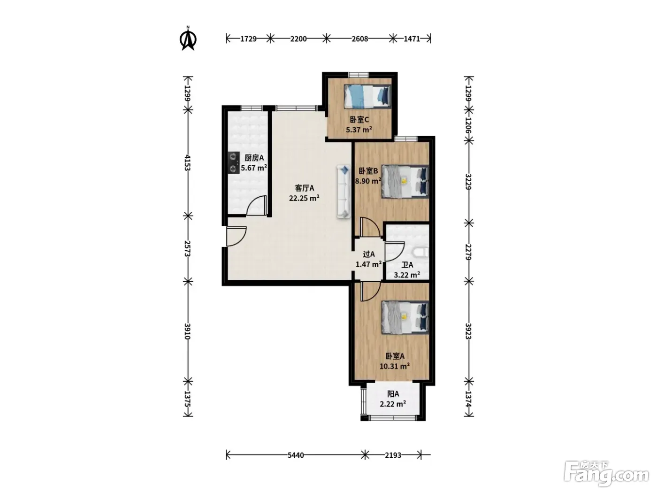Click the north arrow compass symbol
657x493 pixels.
pos(188,39)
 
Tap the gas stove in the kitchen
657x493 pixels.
pos(233,163)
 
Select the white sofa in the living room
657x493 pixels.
pos(344,192)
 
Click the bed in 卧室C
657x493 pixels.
pos(367,96)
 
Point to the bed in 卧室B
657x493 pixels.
pos(405,182)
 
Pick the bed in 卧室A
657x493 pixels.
pos(405,317)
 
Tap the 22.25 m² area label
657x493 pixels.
pos(304,198)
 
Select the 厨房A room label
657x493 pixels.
pos(254,158)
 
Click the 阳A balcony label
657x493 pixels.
pos(393,394)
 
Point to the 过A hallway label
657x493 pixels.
pos(369,254)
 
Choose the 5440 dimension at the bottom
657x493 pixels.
pos(296,455)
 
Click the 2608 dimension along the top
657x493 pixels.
pos(360,39)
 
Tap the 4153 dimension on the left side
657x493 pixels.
pos(188,162)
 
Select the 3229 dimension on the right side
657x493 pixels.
pos(469,182)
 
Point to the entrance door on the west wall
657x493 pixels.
pos(237,237)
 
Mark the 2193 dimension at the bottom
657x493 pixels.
pos(393,455)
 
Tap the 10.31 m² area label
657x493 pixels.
pos(395,366)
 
